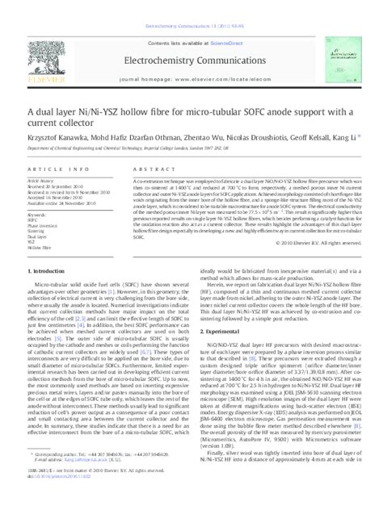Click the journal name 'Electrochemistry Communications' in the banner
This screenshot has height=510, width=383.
[x=191, y=37]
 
